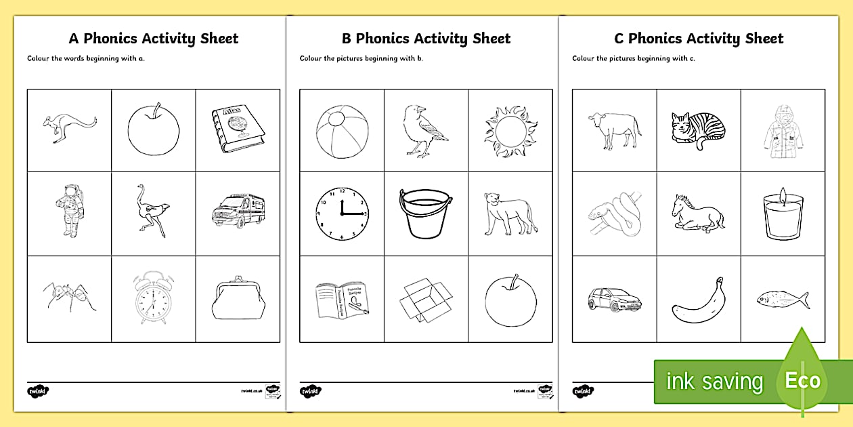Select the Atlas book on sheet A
(x=238, y=129)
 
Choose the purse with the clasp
(x=238, y=298)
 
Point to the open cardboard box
(x=424, y=299)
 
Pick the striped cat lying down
(x=698, y=130)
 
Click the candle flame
(x=783, y=193)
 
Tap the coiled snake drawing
(x=613, y=213)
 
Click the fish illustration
(x=783, y=299)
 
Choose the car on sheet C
(x=613, y=300)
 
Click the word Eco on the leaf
(x=802, y=381)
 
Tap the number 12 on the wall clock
(x=341, y=192)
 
